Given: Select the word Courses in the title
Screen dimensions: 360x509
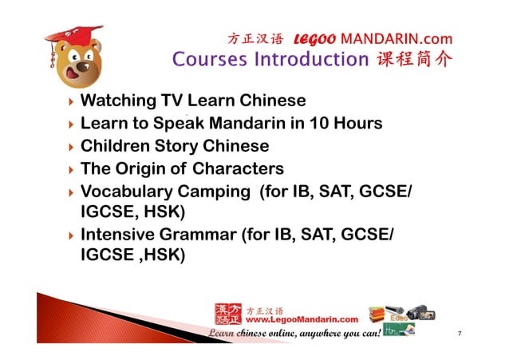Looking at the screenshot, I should (209, 60).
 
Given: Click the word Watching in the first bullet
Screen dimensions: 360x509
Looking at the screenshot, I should (119, 101).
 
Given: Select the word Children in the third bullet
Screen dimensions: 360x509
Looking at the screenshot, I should (116, 147).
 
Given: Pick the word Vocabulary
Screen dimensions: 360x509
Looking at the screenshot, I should (129, 192).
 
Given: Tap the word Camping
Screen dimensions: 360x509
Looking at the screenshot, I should (218, 192).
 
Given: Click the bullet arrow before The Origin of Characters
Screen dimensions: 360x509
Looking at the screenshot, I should (72, 170).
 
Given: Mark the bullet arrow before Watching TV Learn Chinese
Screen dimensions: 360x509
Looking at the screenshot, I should (72, 102).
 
